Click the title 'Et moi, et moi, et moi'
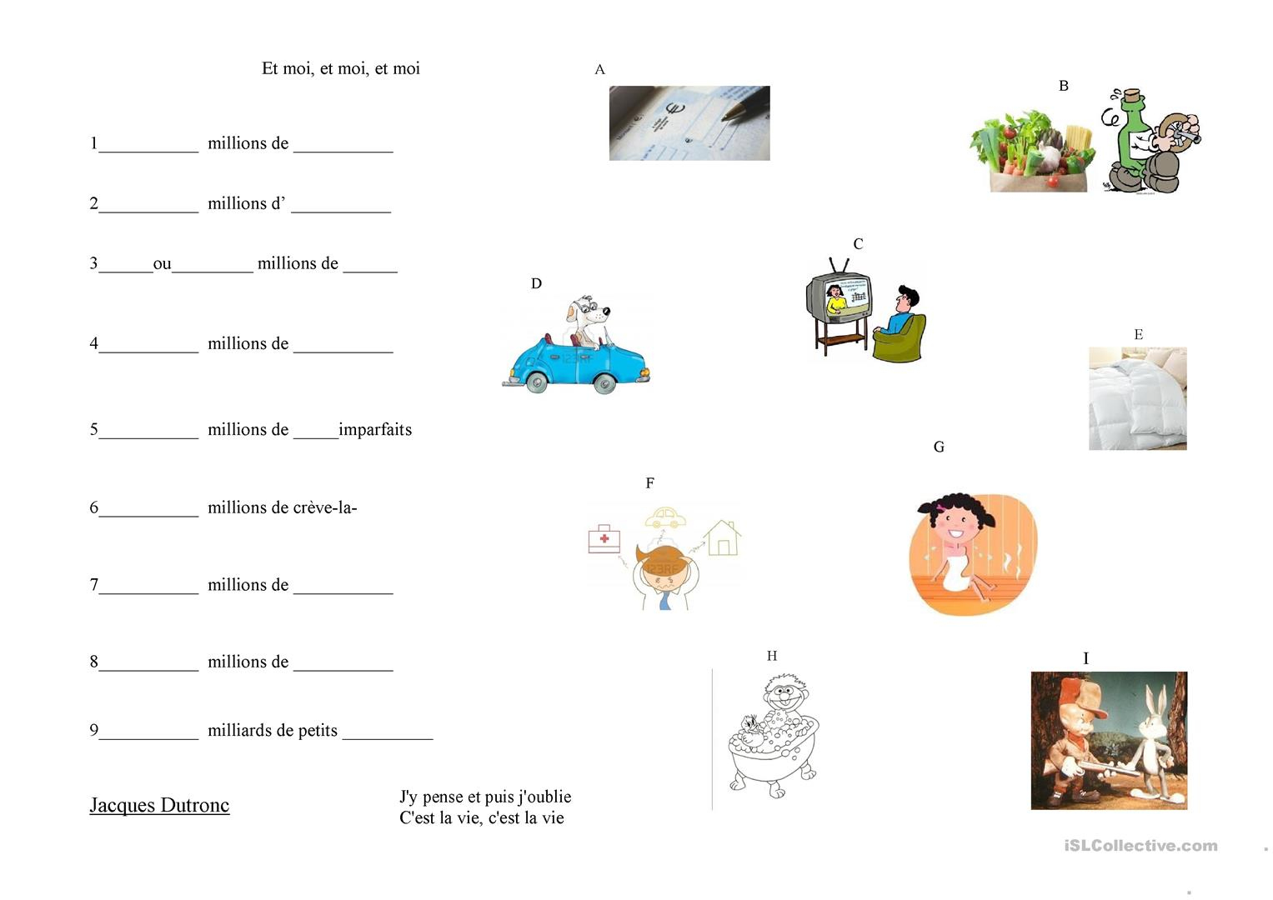[x=340, y=68]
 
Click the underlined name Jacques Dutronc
[x=160, y=806]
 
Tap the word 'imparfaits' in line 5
[x=375, y=430]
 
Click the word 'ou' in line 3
[x=162, y=264]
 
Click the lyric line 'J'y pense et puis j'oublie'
[x=485, y=797]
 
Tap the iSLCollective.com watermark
[x=1141, y=846]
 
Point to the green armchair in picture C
[x=900, y=338]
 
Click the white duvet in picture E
[x=1138, y=399]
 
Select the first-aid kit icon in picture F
[x=604, y=538]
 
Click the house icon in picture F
[x=722, y=537]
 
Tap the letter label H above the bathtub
[x=772, y=657]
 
